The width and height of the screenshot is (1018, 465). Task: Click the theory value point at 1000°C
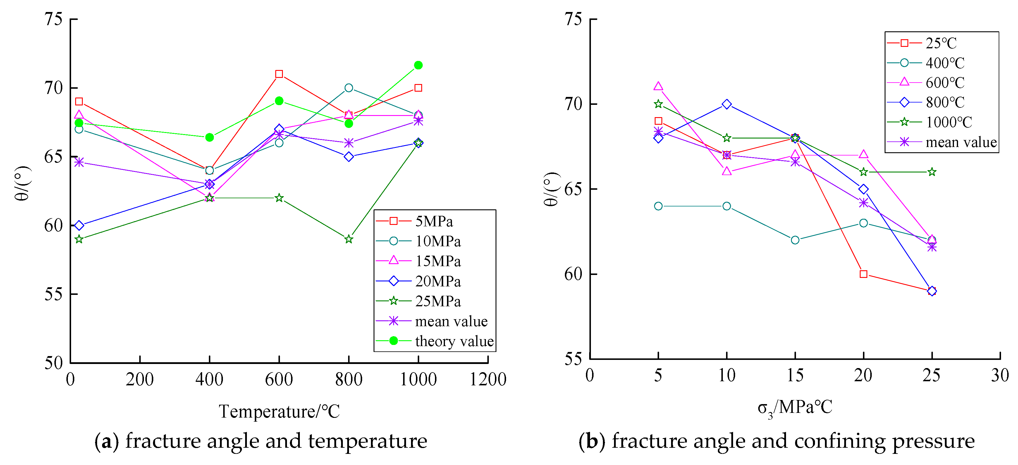(x=418, y=65)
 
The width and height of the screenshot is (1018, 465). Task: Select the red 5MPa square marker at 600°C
(x=279, y=74)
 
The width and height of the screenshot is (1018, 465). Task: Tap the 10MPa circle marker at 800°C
(x=349, y=88)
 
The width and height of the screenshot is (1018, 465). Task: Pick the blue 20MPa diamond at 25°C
(x=79, y=225)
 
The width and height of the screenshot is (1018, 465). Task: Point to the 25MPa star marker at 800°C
(x=349, y=240)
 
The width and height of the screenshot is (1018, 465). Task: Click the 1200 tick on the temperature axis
(x=488, y=379)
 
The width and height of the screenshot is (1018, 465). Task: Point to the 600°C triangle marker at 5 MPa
(x=658, y=86)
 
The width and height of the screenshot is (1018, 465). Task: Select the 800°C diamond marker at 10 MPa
(x=726, y=104)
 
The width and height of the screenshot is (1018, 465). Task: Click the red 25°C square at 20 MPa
(x=864, y=274)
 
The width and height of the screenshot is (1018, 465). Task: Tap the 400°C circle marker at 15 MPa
(x=795, y=240)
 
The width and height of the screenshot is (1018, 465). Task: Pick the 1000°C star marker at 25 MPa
(x=932, y=172)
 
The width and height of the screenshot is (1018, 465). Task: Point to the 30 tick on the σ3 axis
(x=1000, y=375)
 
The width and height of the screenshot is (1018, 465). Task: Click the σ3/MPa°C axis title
(x=795, y=408)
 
